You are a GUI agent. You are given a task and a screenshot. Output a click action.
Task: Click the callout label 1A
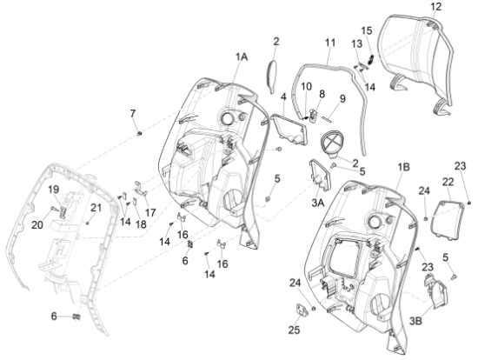coord(241,56)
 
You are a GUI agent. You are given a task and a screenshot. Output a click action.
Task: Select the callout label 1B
coord(405,165)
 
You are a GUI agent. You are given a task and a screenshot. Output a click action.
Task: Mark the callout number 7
coord(133,114)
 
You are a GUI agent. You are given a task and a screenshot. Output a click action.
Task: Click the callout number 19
coord(52,189)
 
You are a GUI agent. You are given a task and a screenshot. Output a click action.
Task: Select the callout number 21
coord(96,207)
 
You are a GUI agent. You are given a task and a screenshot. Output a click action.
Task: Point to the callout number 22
coord(448,181)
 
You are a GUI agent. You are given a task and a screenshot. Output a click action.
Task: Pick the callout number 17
coord(151,212)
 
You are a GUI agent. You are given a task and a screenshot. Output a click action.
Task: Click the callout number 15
coord(366,30)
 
